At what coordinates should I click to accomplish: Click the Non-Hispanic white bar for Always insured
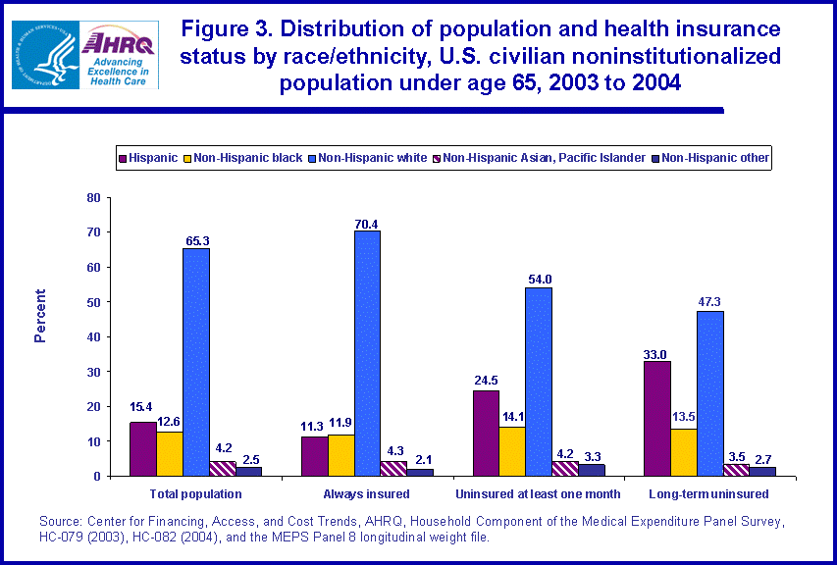coord(367,353)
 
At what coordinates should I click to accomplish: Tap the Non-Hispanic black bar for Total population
coord(169,454)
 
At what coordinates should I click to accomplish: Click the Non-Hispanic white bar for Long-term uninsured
coord(709,393)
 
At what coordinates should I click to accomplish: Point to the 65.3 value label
coord(195,238)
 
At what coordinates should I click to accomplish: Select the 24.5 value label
coord(485,381)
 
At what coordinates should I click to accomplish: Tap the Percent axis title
coord(40,316)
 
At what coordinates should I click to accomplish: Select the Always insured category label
coord(367,493)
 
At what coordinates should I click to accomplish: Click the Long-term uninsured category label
coord(708,493)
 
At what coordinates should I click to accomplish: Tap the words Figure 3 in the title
coord(232,28)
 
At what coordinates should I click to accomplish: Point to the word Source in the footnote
coord(61,521)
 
